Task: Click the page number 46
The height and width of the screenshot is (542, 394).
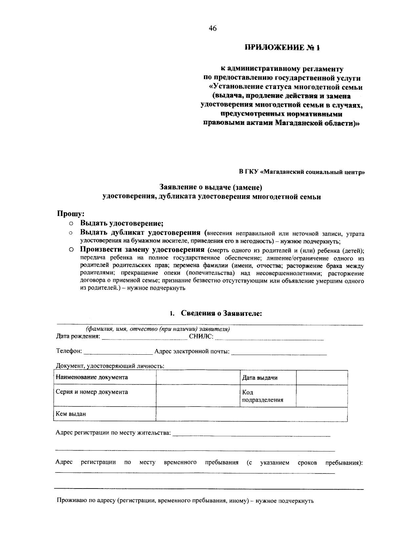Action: tap(212, 29)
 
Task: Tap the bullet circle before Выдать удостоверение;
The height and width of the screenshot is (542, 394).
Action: tap(71, 224)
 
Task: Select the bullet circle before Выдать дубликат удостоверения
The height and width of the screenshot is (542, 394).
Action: tap(71, 233)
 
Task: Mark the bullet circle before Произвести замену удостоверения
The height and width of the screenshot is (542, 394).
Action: tap(71, 250)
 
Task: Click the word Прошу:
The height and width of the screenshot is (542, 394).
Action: tap(71, 214)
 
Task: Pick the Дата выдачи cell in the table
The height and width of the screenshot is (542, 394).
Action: tap(260, 378)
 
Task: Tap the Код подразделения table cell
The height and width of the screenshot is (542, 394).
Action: tap(262, 396)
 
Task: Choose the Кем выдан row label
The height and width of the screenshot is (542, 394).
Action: tap(71, 414)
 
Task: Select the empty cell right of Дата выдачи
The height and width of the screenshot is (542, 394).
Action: tap(321, 378)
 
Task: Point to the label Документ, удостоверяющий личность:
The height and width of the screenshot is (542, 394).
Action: tap(110, 366)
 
